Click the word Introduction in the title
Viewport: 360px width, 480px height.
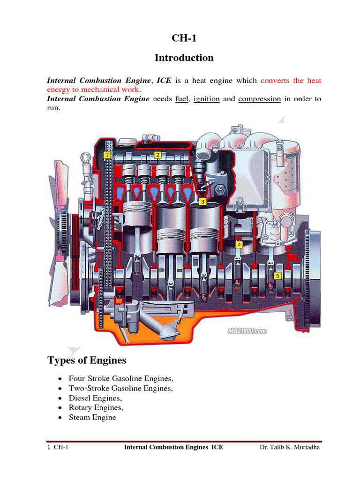184,58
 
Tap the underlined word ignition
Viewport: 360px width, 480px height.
206,99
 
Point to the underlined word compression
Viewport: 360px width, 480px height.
259,99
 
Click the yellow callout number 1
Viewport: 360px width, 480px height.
107,155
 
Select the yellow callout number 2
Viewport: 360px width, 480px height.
158,155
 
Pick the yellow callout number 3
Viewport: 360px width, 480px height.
202,202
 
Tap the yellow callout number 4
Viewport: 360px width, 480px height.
239,245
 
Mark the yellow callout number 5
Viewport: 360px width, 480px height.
277,276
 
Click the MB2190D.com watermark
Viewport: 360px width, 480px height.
247,330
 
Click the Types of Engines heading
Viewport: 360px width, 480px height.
87,360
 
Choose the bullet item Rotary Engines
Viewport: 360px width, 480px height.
96,408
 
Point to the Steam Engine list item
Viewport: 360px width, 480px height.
92,417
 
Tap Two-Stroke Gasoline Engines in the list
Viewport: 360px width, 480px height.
121,388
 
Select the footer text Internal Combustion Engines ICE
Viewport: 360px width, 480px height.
173,447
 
